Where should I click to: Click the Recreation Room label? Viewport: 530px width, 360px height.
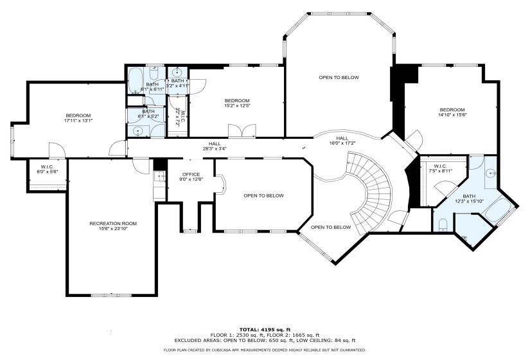click(x=112, y=223)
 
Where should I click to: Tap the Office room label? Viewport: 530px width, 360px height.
click(x=191, y=174)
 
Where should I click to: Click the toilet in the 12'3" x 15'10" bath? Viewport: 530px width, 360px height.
click(x=443, y=223)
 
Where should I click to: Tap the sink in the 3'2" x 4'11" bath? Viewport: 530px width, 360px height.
click(x=176, y=72)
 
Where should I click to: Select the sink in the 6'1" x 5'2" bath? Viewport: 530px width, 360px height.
click(x=138, y=130)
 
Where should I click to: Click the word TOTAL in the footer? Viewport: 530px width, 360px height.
click(x=250, y=328)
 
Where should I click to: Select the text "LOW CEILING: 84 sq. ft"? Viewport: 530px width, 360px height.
click(x=328, y=340)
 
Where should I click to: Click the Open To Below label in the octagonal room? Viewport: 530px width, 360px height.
click(x=339, y=77)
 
